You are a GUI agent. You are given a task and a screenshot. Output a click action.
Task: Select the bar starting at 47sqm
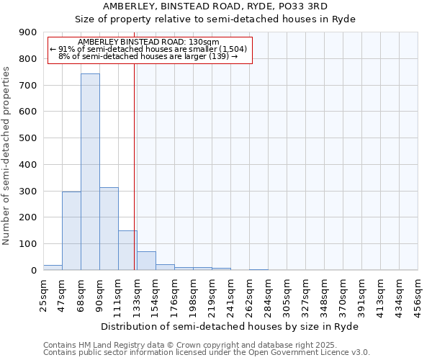coord(71,230)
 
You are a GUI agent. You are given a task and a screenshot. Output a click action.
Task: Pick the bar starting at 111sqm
coord(127,250)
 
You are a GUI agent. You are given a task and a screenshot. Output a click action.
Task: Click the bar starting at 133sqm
coord(146,261)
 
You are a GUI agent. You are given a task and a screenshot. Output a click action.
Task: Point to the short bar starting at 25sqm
coord(53,267)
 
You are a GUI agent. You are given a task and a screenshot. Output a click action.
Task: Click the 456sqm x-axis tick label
coord(418,295)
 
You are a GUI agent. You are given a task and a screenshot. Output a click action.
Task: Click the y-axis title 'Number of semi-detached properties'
coord(7,156)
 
